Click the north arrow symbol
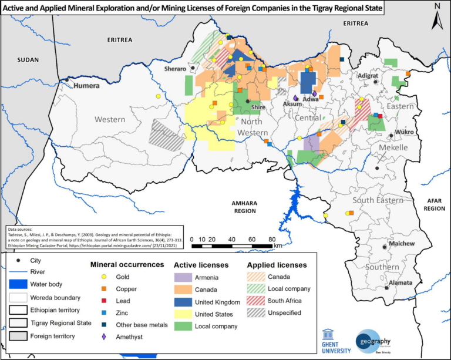pos(436,18)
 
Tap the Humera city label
pos(88,86)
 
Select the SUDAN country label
pos(28,60)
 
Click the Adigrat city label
pos(368,76)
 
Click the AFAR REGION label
pos(434,204)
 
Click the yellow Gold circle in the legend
pos(104,277)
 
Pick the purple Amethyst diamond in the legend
pos(104,337)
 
